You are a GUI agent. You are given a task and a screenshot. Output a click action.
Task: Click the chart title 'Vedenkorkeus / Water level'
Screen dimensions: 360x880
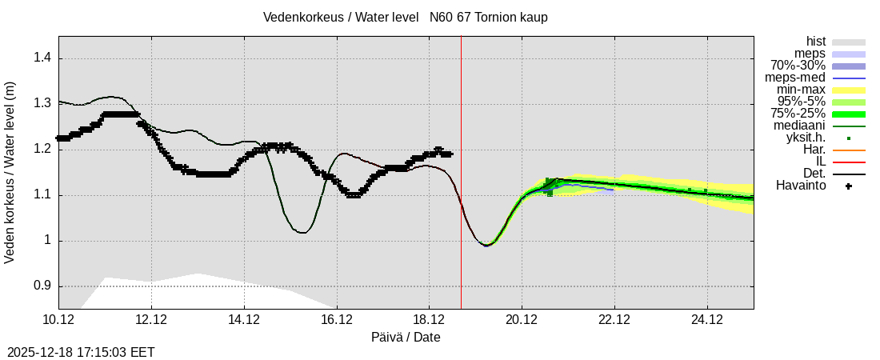click(341, 18)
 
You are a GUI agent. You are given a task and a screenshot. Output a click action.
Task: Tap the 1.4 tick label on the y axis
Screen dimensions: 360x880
click(41, 58)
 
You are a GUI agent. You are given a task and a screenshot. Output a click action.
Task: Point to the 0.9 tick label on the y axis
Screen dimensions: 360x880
click(41, 286)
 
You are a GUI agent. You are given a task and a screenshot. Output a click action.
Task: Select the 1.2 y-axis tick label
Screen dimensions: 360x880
click(41, 149)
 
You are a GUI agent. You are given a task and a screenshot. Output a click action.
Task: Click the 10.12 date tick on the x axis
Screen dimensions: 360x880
click(58, 320)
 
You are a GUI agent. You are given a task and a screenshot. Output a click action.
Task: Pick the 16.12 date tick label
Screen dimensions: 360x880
click(337, 320)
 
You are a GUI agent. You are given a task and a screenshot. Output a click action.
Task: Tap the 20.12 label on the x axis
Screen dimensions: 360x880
click(522, 320)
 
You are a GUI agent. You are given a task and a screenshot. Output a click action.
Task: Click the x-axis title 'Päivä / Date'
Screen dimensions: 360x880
click(406, 338)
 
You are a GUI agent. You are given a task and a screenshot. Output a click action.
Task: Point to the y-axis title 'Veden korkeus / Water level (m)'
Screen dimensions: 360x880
click(10, 172)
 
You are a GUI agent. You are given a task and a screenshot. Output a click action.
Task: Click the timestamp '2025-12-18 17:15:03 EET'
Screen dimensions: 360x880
click(81, 352)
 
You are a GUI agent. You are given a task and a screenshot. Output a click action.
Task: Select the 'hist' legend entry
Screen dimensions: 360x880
click(815, 42)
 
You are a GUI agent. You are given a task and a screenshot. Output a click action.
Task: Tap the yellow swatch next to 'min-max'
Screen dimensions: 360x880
click(849, 90)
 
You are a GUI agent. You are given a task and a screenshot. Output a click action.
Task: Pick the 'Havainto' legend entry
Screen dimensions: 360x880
click(801, 186)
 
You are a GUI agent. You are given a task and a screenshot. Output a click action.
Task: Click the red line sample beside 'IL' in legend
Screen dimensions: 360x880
click(849, 162)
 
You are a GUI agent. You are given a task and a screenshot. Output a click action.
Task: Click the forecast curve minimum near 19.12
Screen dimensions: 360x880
click(486, 245)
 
